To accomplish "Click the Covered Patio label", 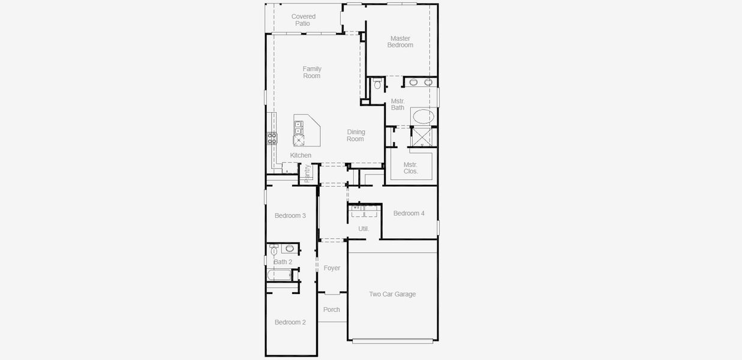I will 304,20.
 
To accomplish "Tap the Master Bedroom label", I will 400,41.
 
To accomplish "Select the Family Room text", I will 312,73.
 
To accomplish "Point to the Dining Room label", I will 355,136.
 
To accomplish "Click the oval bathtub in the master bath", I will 423,116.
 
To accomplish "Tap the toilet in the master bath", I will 377,84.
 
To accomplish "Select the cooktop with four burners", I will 272,139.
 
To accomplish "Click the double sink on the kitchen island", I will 298,127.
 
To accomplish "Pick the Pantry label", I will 308,173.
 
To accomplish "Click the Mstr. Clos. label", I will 410,168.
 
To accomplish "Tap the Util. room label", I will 364,229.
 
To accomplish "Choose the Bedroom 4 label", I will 409,213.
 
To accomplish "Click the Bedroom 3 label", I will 290,215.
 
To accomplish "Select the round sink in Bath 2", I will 290,248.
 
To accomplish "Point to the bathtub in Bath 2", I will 279,275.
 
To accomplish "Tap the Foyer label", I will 332,268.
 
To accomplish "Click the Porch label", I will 332,310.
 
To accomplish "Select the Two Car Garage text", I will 392,294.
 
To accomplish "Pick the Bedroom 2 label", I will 290,322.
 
